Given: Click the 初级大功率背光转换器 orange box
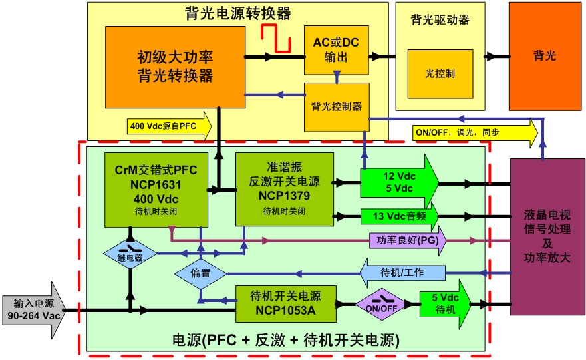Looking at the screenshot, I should pyautogui.click(x=175, y=67).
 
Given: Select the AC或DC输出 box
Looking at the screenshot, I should pyautogui.click(x=335, y=50).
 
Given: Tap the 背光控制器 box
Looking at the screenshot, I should pyautogui.click(x=336, y=106).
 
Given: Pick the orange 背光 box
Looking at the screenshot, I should pyautogui.click(x=545, y=56).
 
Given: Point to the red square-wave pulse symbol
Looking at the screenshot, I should pyautogui.click(x=276, y=38).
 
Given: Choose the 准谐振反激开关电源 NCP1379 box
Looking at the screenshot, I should pyautogui.click(x=284, y=188).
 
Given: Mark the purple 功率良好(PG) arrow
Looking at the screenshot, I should pyautogui.click(x=407, y=240).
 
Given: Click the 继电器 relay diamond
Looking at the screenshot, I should pyautogui.click(x=130, y=255).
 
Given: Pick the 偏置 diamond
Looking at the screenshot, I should pyautogui.click(x=200, y=273).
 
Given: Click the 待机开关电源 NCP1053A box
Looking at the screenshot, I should pyautogui.click(x=285, y=305).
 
